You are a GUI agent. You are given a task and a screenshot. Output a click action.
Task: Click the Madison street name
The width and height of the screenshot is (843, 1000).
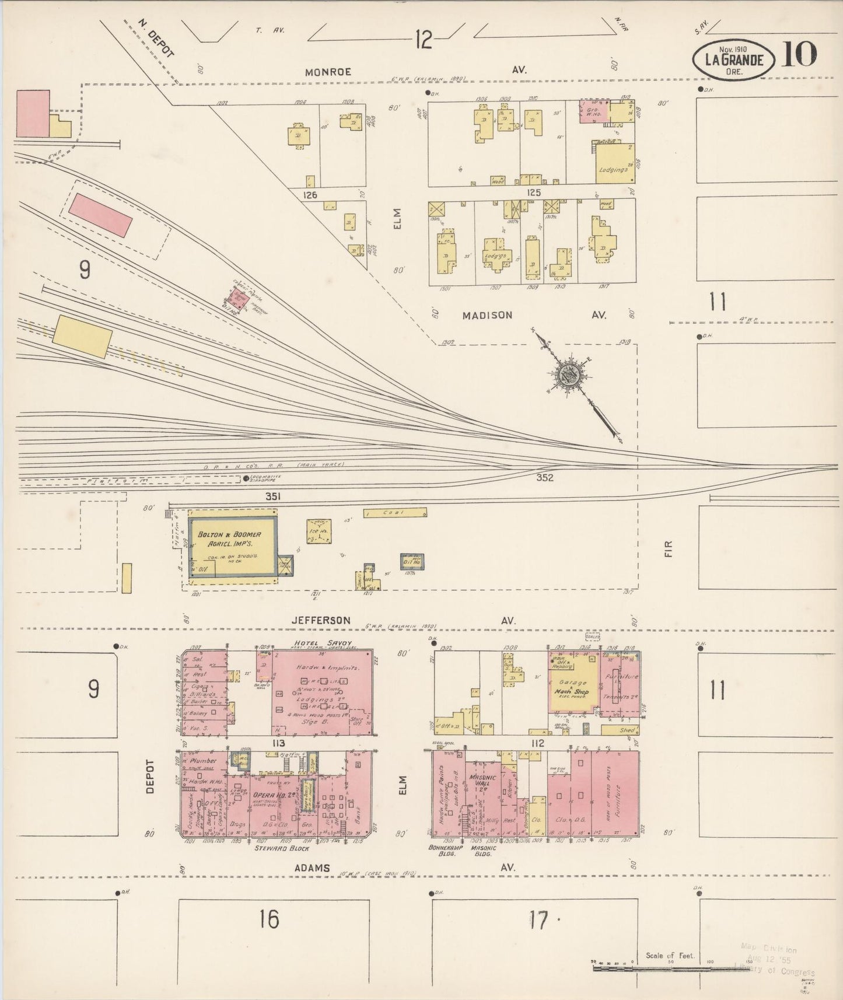click(487, 315)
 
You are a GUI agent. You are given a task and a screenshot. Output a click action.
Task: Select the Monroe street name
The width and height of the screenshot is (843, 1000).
click(328, 72)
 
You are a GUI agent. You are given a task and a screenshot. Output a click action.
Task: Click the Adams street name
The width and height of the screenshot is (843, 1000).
click(312, 868)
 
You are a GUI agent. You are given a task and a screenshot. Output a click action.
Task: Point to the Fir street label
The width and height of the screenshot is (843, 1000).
click(669, 548)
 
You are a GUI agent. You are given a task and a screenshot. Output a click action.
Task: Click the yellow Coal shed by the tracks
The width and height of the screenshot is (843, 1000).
click(395, 513)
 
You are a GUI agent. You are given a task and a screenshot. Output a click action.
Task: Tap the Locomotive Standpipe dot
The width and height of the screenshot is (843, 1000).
click(246, 479)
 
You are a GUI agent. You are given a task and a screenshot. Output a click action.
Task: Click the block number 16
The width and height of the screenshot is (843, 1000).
click(269, 920)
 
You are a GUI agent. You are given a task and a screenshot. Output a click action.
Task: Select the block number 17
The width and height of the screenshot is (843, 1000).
click(538, 921)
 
